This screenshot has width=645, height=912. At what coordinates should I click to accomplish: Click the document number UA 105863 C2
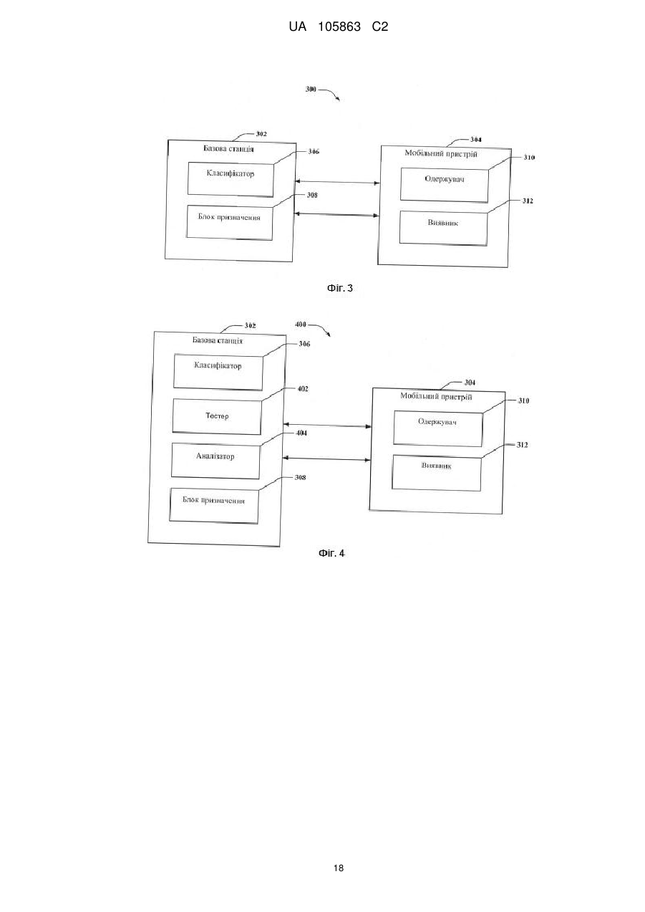[x=338, y=27]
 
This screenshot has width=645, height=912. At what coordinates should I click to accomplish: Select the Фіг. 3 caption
[x=340, y=288]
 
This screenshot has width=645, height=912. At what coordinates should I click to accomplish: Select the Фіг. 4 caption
[x=331, y=553]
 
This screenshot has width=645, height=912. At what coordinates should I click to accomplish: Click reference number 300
[x=311, y=89]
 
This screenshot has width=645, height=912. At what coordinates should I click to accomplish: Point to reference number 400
[x=301, y=325]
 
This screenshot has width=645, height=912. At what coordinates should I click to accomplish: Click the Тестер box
[x=217, y=416]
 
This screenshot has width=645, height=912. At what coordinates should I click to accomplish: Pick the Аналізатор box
[x=215, y=461]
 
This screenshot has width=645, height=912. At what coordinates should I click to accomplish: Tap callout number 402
[x=303, y=389]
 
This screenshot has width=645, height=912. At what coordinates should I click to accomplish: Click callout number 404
[x=301, y=433]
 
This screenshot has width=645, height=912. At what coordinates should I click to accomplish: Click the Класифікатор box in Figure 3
[x=231, y=180]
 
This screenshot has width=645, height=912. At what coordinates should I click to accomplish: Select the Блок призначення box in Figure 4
[x=213, y=506]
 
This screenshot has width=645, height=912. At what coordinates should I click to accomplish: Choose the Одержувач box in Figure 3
[x=444, y=186]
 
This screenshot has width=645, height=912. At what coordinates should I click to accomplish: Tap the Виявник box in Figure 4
[x=436, y=473]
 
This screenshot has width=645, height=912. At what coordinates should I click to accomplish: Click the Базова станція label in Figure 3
[x=228, y=149]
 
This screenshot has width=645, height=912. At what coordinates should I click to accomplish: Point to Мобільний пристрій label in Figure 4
[x=436, y=397]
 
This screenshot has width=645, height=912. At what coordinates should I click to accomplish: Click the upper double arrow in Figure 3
[x=337, y=182]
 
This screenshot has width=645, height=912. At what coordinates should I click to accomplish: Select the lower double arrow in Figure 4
[x=326, y=459]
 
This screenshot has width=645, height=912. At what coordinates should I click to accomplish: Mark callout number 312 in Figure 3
[x=528, y=201]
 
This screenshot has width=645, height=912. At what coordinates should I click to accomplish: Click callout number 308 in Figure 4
[x=300, y=478]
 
